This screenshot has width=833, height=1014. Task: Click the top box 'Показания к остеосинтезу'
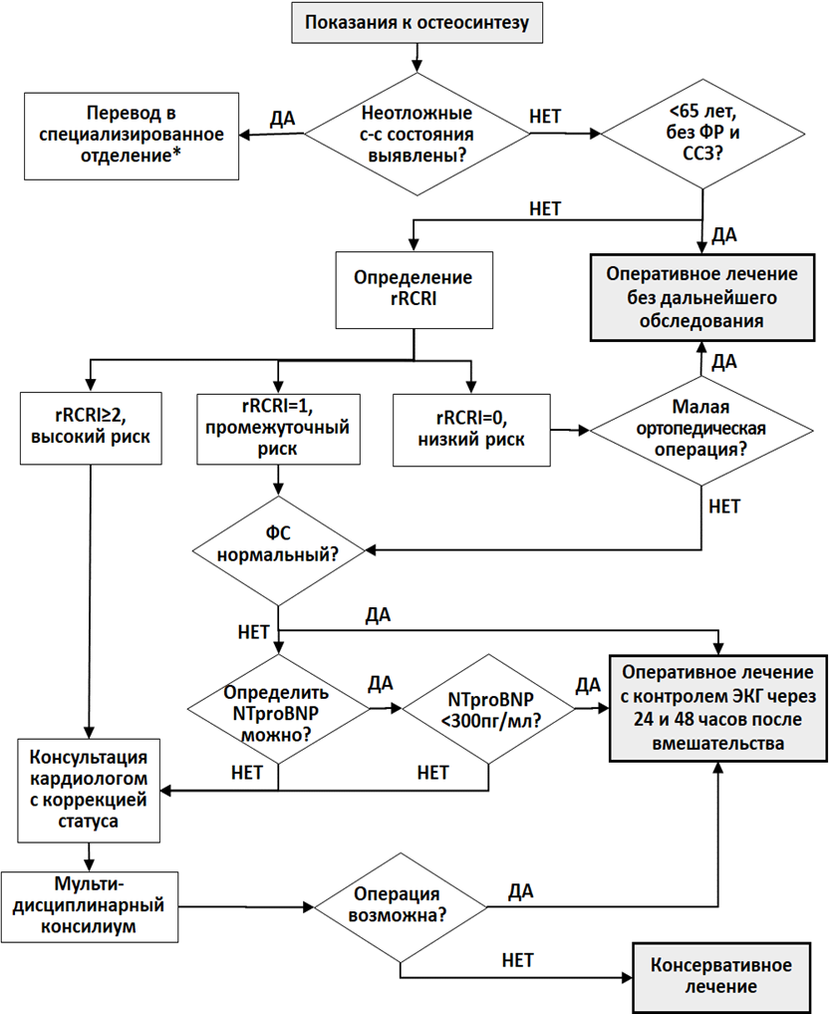[416, 23]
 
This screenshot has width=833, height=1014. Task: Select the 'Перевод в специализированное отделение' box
[132, 136]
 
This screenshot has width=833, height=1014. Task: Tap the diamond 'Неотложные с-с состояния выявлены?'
[416, 134]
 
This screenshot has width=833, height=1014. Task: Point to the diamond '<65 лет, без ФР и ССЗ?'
[702, 134]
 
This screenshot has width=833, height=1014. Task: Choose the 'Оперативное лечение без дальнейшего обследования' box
[701, 297]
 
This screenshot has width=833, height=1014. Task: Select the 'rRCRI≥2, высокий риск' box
[91, 428]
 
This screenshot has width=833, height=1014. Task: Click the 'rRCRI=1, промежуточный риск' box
[278, 429]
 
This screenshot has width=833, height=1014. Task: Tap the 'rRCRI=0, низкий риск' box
[471, 430]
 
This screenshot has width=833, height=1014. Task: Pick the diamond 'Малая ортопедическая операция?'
[701, 430]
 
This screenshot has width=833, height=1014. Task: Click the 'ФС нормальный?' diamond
[278, 550]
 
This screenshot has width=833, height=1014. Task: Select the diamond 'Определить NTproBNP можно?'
[279, 710]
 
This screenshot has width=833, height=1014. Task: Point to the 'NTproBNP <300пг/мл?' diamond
[488, 709]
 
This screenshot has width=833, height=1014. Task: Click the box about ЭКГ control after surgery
[718, 708]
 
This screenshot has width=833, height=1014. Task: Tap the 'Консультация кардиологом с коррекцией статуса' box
[89, 791]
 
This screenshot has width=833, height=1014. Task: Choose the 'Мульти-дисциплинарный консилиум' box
[90, 906]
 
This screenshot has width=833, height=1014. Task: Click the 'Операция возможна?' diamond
[400, 906]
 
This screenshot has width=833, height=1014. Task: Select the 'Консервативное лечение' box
[721, 977]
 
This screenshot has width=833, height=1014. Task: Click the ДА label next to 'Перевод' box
[282, 119]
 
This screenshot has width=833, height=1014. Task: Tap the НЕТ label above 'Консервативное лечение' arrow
[518, 960]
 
